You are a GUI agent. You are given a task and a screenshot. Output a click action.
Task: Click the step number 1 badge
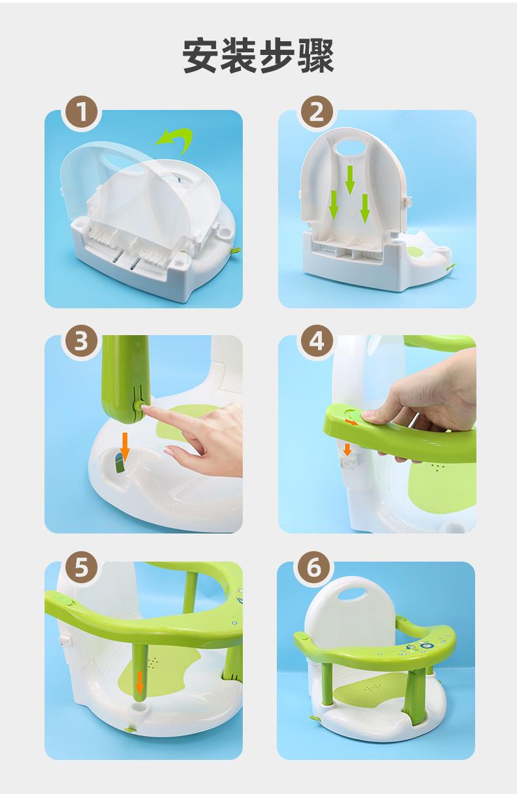coord(81,112)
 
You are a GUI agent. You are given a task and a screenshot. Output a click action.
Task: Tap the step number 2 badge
coord(317,112)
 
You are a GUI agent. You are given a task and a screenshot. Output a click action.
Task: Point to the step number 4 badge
coord(317,341)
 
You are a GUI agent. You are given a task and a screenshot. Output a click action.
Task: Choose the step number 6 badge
coord(314,568)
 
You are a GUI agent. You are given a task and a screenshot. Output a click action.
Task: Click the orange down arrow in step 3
coord(124,444)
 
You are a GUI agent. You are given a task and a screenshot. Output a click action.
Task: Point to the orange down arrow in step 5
coord(140,683)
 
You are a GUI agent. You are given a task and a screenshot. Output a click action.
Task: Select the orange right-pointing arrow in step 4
coord(352,422)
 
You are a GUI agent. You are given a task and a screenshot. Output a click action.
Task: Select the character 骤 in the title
coord(315,56)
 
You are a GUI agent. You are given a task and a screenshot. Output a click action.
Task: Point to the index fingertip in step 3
coord(145,409)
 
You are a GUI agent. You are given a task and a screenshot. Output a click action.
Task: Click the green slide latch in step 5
coord(63,600)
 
